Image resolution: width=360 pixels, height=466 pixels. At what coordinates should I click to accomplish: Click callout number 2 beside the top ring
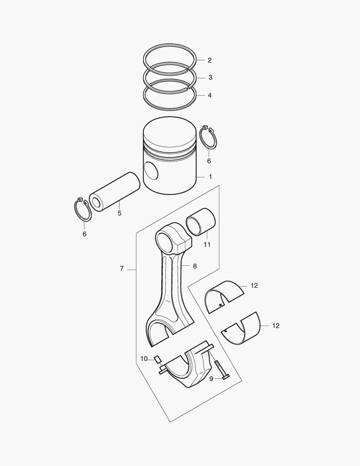coord(210,60)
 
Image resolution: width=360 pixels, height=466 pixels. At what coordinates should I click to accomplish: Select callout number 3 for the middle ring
coord(210,78)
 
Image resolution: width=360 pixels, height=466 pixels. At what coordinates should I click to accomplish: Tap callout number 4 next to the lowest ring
coord(210,95)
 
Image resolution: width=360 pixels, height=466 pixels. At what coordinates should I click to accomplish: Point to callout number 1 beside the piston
coord(210,176)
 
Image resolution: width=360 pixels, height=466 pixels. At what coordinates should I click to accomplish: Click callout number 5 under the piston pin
coord(119,213)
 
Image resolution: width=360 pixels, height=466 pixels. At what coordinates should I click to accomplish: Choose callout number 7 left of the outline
coord(122,269)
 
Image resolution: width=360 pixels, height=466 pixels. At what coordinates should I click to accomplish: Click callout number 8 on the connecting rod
coord(194,266)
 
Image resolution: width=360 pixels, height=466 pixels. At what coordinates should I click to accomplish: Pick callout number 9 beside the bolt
coord(211,378)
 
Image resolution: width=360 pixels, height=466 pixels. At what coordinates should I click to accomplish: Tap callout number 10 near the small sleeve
coord(144,359)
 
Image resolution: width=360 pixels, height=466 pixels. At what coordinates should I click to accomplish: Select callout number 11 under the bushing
coord(207,245)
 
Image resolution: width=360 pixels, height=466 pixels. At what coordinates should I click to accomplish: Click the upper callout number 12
coord(254,286)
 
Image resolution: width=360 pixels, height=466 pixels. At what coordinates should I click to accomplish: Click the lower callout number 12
coord(275,326)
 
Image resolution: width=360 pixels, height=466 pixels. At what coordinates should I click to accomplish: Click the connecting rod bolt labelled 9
coord(221,370)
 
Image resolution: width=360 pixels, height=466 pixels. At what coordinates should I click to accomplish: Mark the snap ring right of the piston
coord(210,138)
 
